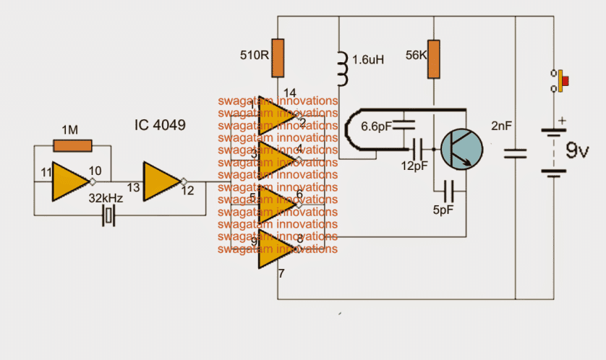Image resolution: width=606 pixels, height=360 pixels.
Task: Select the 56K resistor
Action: (432, 59)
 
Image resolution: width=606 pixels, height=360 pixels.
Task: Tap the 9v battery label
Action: (576, 152)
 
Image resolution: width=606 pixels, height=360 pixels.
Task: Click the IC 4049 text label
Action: (159, 125)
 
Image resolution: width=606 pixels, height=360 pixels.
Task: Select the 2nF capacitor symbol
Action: (515, 153)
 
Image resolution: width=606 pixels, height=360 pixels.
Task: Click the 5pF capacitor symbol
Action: (449, 192)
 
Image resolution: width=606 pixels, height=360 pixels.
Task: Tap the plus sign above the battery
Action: (560, 121)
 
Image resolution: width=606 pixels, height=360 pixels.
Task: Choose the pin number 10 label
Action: (94, 171)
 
